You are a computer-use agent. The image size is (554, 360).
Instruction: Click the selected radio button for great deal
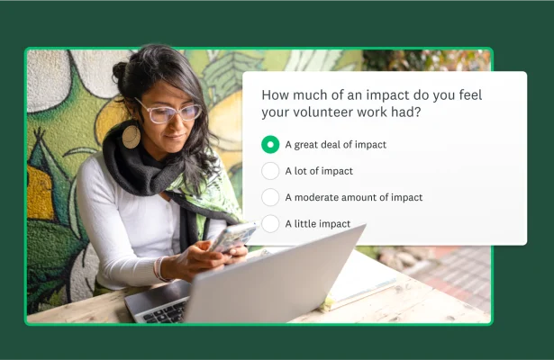[x=270, y=144]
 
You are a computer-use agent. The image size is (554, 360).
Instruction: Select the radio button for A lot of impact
[x=270, y=171]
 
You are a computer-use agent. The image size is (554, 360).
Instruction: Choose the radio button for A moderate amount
[x=270, y=197]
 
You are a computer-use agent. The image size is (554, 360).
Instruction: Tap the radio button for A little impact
[x=270, y=223]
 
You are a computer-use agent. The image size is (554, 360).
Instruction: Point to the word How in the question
[x=274, y=94]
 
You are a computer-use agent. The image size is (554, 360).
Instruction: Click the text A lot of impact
[x=319, y=171]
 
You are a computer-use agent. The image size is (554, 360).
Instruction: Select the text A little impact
[x=318, y=223]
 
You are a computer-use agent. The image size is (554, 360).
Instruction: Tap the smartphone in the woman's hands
[x=232, y=237]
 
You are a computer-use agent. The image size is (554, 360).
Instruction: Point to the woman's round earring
[x=132, y=136]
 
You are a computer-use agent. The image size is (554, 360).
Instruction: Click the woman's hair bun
[x=120, y=70]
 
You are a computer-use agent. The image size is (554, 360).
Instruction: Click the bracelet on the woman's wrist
[x=162, y=269]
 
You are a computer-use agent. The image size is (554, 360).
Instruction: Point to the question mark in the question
[x=421, y=112]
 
